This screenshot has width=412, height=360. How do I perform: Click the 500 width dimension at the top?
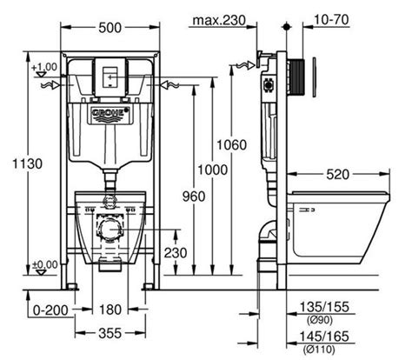(x=110, y=28)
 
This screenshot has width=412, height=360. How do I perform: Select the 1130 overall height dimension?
(x=27, y=163)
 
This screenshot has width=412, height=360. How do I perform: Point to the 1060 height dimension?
(x=231, y=144)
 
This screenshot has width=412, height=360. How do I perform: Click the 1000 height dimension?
(x=212, y=170)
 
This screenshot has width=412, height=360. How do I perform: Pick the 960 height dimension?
(x=194, y=197)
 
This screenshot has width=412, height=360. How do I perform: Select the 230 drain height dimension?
(x=176, y=252)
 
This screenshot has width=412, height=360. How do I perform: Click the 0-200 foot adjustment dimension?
(x=50, y=310)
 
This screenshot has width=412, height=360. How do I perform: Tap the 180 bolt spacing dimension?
(x=110, y=310)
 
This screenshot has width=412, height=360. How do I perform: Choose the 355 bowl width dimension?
(x=110, y=333)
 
